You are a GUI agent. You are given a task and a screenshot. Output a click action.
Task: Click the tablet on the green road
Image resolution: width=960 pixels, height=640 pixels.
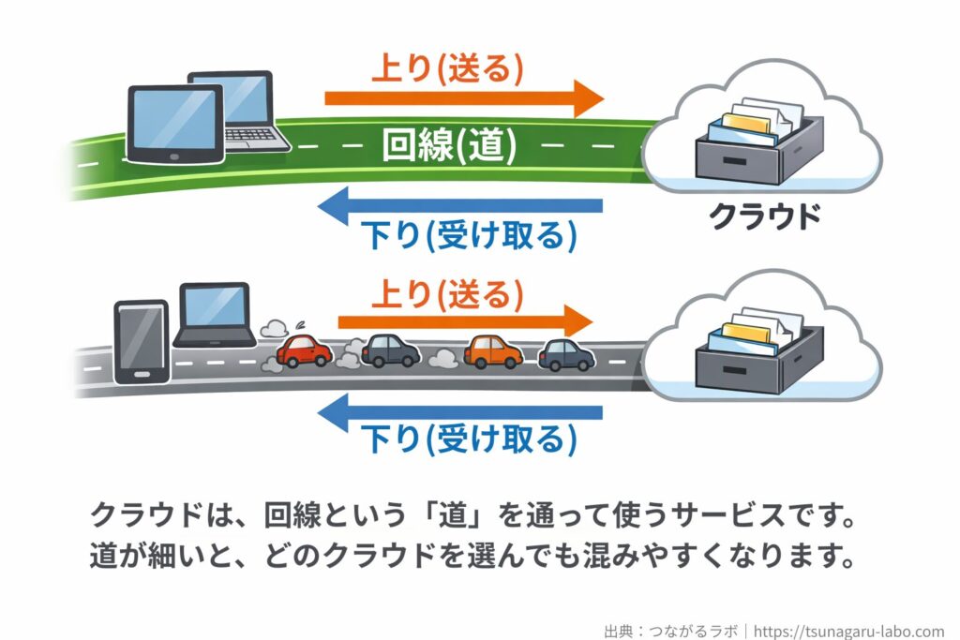click(175, 124)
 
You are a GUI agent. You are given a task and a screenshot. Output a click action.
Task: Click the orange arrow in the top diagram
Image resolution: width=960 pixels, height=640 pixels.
click(464, 98)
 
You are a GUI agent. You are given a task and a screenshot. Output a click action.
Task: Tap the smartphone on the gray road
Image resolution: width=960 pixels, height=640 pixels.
click(141, 342)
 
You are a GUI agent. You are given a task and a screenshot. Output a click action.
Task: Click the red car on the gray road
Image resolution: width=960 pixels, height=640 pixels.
click(302, 351)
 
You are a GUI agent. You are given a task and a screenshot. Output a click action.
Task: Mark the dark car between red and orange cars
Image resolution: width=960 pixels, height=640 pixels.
click(390, 350)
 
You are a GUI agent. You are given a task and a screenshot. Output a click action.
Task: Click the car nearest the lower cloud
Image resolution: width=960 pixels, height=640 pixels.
click(566, 354)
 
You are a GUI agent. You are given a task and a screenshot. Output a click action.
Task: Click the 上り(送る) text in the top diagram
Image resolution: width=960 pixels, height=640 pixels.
click(447, 67)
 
